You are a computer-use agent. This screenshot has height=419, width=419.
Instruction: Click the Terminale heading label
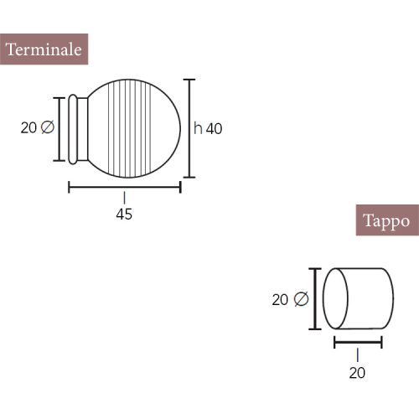[44, 49]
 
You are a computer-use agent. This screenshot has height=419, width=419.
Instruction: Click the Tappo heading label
[387, 220]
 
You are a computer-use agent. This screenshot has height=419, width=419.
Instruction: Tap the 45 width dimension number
[124, 215]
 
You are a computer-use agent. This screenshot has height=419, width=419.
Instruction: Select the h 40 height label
[208, 128]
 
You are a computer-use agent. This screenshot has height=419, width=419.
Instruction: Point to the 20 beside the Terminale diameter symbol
[28, 128]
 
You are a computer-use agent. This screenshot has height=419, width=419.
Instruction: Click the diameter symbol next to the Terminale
[47, 127]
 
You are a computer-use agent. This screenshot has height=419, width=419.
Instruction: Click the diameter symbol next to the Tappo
[301, 299]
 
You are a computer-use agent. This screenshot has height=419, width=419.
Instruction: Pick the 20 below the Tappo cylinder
[357, 373]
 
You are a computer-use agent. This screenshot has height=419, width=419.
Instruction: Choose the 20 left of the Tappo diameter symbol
[280, 300]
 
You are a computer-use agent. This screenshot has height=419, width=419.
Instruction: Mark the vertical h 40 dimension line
[189, 128]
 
